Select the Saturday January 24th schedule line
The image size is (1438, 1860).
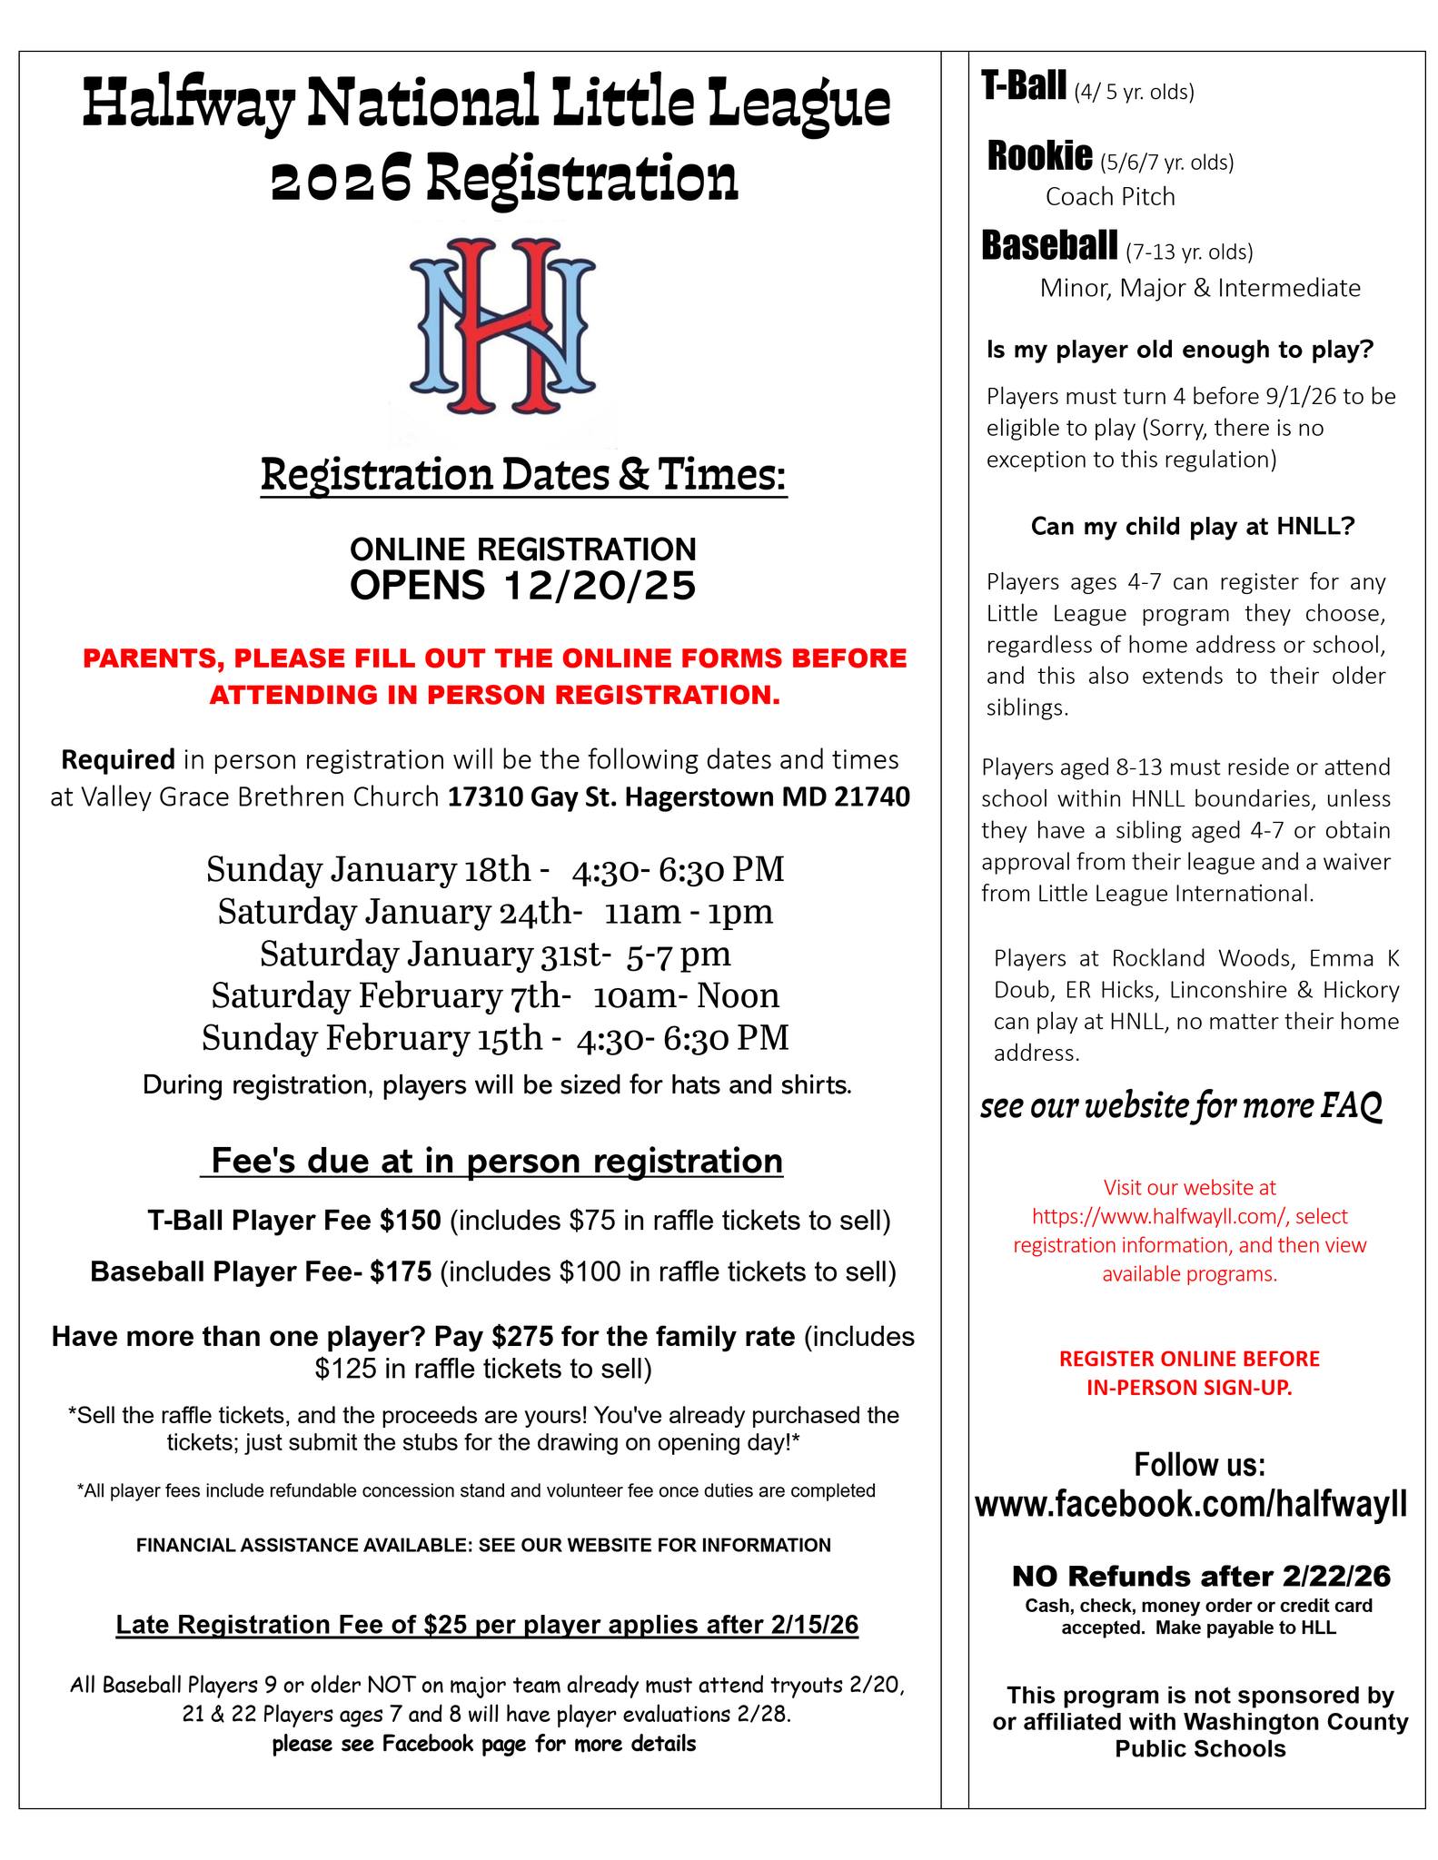pyautogui.click(x=495, y=911)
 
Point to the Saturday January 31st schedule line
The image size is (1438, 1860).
pyautogui.click(x=495, y=954)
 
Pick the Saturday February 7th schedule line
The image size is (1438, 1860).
pyautogui.click(x=495, y=995)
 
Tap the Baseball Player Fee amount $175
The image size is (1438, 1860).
pyautogui.click(x=400, y=1271)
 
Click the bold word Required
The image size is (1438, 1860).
pyautogui.click(x=117, y=758)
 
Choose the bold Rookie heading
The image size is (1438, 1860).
pyautogui.click(x=1039, y=157)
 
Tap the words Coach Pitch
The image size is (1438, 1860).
pyautogui.click(x=1109, y=197)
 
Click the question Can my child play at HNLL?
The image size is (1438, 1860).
pyautogui.click(x=1193, y=527)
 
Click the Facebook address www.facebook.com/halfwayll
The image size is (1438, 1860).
pyautogui.click(x=1191, y=1504)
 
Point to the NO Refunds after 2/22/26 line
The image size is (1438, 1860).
pyautogui.click(x=1200, y=1576)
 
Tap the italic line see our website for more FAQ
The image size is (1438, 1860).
pyautogui.click(x=1181, y=1106)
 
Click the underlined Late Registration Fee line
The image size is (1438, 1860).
pyautogui.click(x=487, y=1625)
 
